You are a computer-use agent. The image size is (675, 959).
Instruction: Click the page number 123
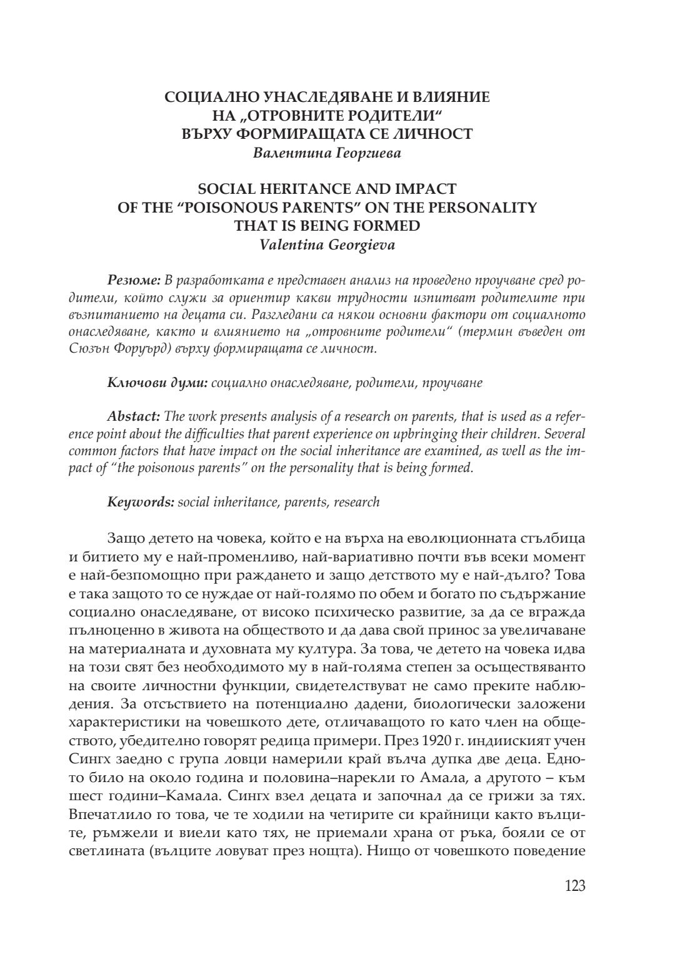(574, 886)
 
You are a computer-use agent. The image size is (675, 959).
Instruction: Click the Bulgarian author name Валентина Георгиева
(327, 153)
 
